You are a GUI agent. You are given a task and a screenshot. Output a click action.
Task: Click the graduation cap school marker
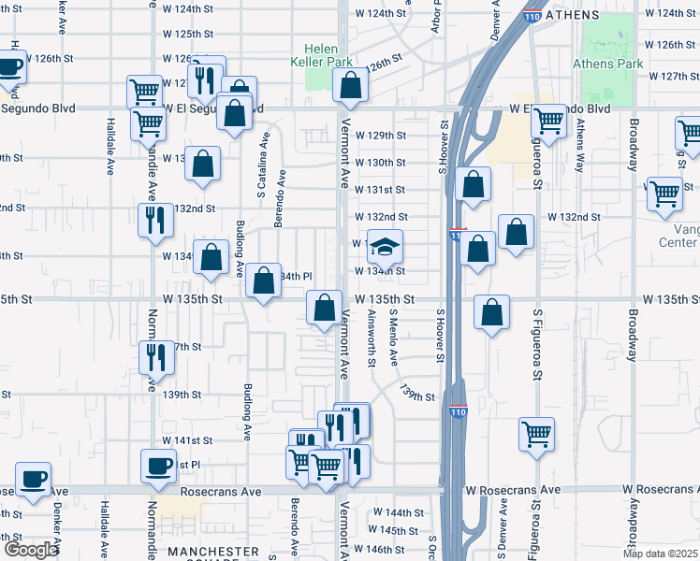click(x=385, y=247)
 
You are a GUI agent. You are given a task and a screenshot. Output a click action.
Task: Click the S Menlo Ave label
click(x=394, y=338)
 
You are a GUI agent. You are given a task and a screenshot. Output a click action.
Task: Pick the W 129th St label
click(x=380, y=136)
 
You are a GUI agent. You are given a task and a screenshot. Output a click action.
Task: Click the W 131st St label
click(x=380, y=189)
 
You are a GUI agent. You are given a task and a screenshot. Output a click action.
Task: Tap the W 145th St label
click(x=399, y=530)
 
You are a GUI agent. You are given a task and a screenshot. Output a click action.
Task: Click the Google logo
click(x=30, y=550)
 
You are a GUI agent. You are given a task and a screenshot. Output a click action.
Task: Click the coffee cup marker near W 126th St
click(x=10, y=66)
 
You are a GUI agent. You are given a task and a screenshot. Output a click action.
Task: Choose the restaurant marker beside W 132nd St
click(x=155, y=220)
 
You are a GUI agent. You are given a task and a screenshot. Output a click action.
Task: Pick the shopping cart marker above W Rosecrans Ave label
click(x=537, y=433)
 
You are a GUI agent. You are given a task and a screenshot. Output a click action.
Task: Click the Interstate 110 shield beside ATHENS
click(x=531, y=16)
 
